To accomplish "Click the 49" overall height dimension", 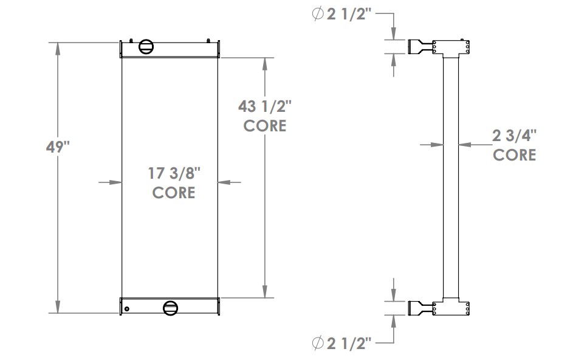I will click(x=59, y=148).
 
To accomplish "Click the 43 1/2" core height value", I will click(x=264, y=106).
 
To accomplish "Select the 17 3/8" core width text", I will click(x=174, y=174).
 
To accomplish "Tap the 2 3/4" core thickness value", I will click(x=514, y=136).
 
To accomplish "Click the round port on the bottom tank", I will click(x=171, y=308).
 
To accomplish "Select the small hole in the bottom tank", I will click(x=127, y=309).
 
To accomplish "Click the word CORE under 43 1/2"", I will click(x=264, y=126).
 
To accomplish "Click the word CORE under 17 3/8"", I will click(x=174, y=193).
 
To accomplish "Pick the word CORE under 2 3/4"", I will click(x=514, y=155).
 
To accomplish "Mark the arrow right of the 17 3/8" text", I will click(x=224, y=181).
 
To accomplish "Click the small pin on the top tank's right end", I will click(x=208, y=41).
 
